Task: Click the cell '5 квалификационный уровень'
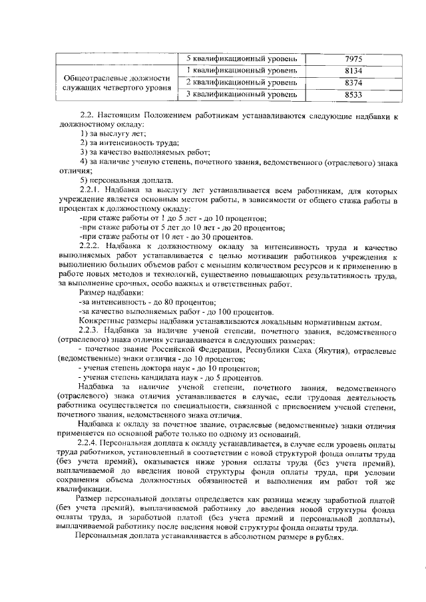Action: pyautogui.click(x=241, y=59)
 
